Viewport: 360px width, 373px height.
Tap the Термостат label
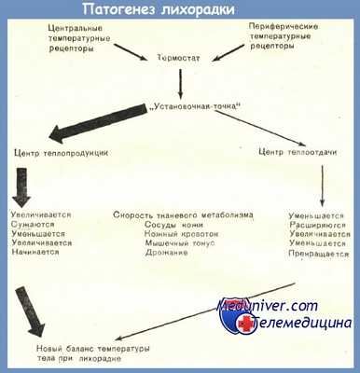click(x=185, y=57)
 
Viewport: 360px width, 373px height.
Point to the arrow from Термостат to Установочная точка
click(x=186, y=83)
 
